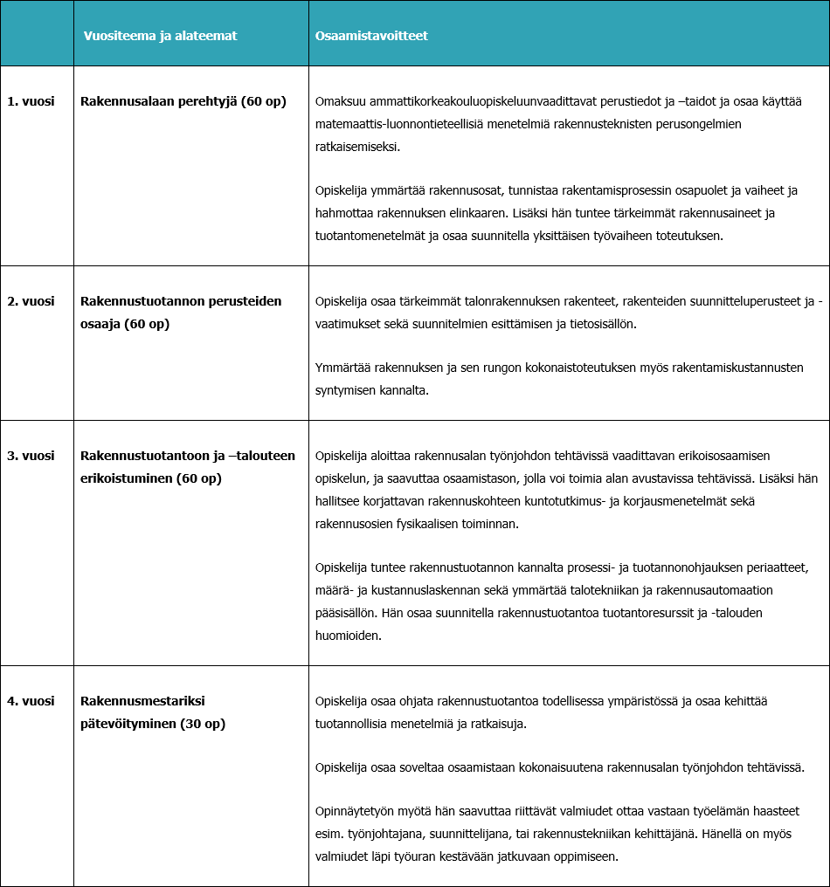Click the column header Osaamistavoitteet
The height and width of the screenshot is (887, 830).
click(371, 36)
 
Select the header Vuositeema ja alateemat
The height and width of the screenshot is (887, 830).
click(160, 36)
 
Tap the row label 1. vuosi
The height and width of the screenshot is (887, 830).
click(31, 101)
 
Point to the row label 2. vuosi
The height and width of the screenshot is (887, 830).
click(31, 301)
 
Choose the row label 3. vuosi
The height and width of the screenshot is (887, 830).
click(31, 456)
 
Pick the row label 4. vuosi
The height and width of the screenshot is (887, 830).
click(31, 701)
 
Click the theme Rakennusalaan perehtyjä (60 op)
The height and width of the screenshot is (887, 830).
click(183, 101)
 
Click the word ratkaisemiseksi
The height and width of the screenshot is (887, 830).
click(357, 148)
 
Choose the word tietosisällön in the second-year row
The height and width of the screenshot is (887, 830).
click(600, 324)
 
